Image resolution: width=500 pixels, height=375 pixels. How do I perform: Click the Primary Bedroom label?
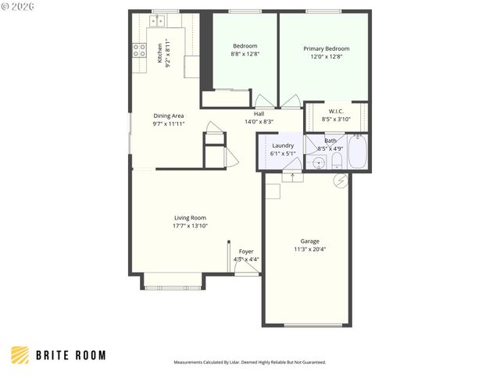tap(326, 48)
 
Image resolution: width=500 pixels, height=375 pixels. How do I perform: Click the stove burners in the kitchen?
tap(139, 52)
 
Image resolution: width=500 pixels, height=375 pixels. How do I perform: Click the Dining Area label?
tap(168, 116)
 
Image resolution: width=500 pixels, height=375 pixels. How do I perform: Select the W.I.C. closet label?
tap(337, 111)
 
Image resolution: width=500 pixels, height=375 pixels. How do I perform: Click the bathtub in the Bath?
tap(359, 152)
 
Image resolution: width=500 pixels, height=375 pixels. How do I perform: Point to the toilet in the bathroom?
tap(336, 160)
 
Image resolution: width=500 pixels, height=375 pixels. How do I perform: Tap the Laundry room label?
tap(282, 145)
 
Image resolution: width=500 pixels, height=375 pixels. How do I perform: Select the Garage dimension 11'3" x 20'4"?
tap(309, 249)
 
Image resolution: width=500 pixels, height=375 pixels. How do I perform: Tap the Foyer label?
tap(246, 252)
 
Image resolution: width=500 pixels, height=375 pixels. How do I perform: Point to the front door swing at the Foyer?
tap(248, 267)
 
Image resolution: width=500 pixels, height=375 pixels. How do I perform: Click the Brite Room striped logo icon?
tap(20, 355)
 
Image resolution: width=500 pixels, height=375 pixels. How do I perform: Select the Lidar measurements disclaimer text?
tap(249, 362)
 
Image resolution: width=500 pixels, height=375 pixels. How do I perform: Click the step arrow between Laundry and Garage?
tap(293, 177)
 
